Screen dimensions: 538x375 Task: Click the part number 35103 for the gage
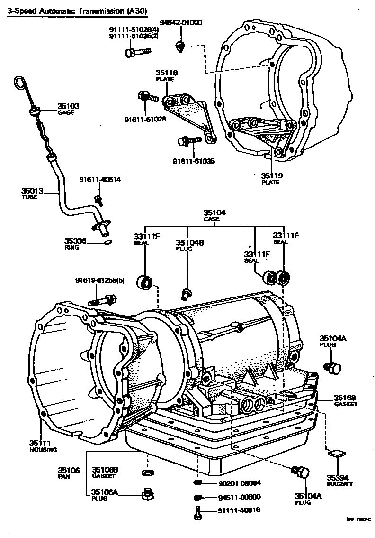coord(69,106)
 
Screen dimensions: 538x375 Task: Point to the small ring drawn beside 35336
coord(107,242)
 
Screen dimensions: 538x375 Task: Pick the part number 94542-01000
coord(180,22)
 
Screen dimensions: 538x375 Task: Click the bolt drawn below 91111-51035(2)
coord(137,52)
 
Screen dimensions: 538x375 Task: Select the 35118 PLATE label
coord(167,75)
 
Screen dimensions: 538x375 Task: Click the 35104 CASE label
coord(214,215)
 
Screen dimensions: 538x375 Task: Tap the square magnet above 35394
coord(335,454)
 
